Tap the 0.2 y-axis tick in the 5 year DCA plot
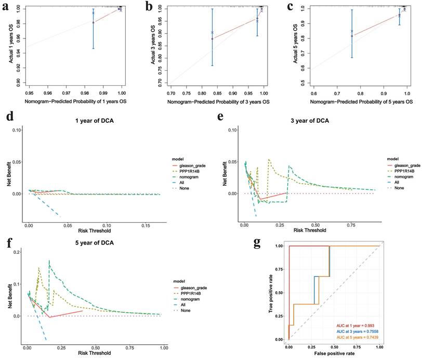16,252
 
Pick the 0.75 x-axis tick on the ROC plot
357,347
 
